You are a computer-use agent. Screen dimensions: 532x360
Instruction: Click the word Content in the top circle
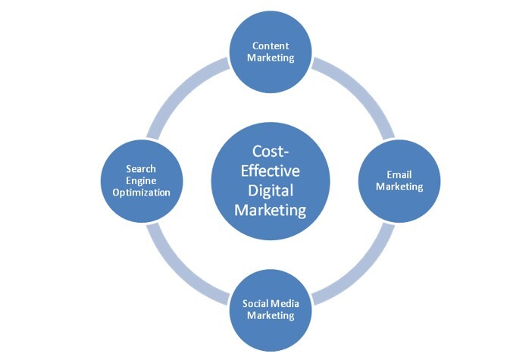pos(271,45)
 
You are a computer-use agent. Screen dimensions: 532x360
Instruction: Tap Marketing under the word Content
pos(271,58)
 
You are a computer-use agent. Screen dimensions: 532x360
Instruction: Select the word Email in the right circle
pos(399,175)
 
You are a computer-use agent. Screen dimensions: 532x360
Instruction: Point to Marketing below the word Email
pos(399,186)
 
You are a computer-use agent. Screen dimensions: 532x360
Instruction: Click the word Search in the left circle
pos(141,169)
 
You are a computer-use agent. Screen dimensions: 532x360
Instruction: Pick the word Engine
pos(141,181)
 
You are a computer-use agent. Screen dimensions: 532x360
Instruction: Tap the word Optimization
pos(141,193)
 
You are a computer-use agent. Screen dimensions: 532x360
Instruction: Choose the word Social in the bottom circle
pos(254,303)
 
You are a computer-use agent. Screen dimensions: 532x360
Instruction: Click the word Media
pos(283,303)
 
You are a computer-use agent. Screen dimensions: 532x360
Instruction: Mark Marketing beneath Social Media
pos(271,315)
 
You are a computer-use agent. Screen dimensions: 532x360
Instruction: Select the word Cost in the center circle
pos(268,152)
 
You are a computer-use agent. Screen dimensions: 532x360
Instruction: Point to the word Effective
pos(271,171)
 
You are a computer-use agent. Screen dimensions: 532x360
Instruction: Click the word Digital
pos(271,191)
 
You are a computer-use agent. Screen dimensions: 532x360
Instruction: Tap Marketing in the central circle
pos(271,210)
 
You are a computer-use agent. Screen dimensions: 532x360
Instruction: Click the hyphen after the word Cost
pos(286,153)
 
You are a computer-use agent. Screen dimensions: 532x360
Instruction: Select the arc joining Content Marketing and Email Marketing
pos(362,89)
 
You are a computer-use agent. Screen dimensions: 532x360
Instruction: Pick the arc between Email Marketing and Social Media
pos(362,272)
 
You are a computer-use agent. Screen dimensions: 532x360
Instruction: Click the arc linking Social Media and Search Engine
pos(179,272)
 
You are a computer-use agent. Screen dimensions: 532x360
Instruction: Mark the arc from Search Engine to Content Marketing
pos(179,89)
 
